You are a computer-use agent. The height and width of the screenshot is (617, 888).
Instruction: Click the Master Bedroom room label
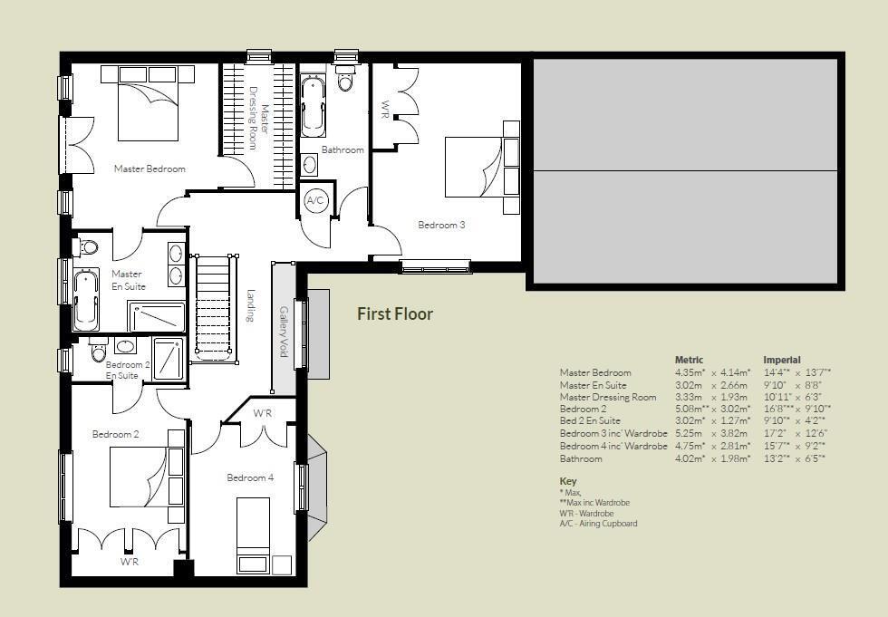point(150,169)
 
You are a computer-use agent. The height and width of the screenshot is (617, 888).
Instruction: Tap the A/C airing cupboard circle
point(315,200)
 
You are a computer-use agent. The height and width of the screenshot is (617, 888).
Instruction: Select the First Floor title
point(395,313)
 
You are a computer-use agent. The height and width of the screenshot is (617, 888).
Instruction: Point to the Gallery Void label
point(284,332)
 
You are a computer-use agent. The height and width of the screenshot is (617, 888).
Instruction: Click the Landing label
point(251,305)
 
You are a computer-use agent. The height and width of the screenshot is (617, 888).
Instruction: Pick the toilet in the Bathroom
point(345,78)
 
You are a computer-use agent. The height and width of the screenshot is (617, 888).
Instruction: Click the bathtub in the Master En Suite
point(85,300)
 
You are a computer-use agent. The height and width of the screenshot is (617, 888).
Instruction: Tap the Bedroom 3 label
point(441,225)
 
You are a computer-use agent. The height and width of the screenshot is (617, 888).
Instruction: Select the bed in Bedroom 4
point(253,535)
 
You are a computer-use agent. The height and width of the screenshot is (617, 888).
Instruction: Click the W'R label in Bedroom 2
point(129,562)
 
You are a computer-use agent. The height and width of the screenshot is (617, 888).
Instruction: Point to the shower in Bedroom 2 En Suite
point(169,359)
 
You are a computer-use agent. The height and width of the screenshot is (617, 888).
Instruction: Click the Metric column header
point(689,360)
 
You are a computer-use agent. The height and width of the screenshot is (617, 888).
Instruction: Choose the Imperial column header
point(781,360)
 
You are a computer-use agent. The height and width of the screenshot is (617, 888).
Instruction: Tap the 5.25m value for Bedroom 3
point(688,433)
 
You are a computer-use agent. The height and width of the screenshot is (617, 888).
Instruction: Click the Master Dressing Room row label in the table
point(608,397)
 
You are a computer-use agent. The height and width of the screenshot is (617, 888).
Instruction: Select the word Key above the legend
point(567,481)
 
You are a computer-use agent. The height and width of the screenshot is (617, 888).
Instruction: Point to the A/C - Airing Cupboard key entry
point(598,524)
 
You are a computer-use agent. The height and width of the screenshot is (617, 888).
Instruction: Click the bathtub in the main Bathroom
point(313,107)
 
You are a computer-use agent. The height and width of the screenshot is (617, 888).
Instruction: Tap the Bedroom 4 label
point(250,477)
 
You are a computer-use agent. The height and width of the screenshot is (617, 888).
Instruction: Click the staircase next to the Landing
point(214,308)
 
